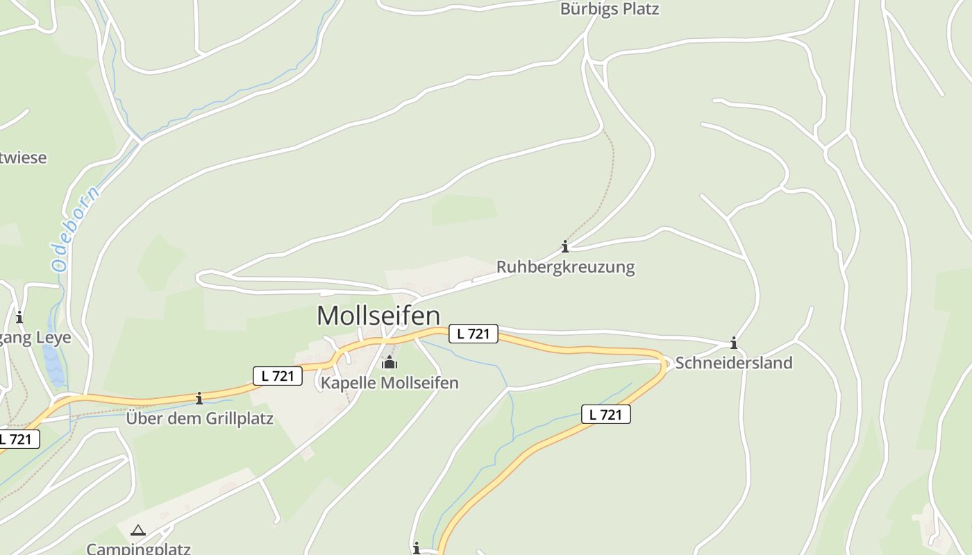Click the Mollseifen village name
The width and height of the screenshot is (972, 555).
378,316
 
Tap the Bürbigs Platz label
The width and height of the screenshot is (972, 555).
609,9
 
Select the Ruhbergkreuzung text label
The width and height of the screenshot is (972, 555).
565,267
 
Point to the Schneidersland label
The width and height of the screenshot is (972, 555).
734,363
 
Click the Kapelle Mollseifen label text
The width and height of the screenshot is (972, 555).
389,383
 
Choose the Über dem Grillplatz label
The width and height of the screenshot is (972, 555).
199,418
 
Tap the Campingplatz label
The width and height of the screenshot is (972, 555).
138,549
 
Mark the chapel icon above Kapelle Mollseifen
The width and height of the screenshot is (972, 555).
389,363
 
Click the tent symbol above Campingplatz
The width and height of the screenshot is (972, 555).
138,531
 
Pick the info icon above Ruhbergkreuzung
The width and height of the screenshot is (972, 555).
565,246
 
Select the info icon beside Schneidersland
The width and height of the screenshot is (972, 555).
734,343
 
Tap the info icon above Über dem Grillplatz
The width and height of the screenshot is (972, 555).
199,398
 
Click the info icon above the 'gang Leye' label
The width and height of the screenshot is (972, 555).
19,318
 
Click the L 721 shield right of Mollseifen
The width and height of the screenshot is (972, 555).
474,334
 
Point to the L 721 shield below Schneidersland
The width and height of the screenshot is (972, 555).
605,415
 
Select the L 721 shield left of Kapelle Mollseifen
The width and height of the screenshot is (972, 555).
278,376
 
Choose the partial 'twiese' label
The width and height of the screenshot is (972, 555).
24,157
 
